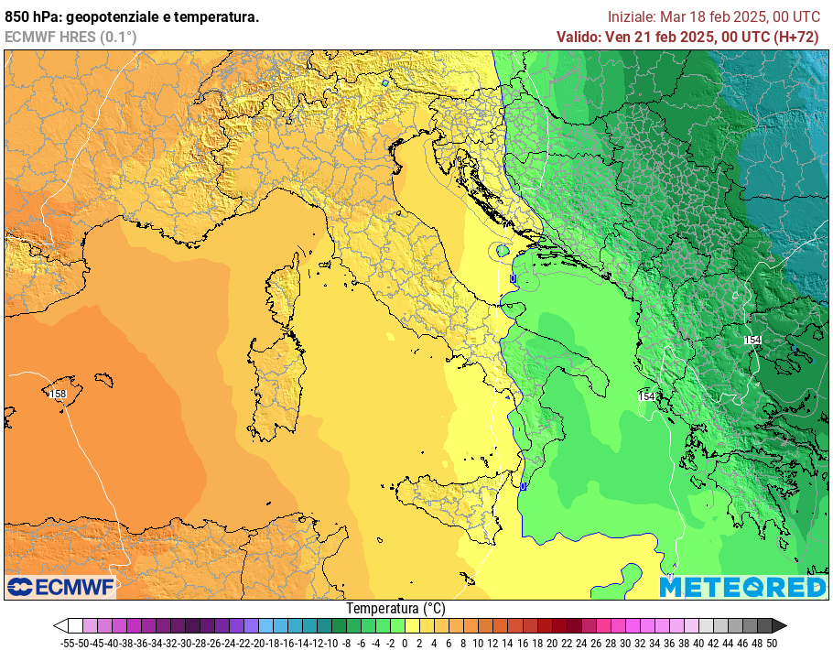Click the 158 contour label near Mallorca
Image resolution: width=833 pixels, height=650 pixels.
coord(58,394)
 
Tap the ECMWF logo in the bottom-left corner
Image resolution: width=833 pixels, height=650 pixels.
coord(60,586)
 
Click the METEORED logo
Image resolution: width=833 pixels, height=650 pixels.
coord(742,587)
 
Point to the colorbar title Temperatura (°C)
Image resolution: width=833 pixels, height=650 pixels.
coord(396,608)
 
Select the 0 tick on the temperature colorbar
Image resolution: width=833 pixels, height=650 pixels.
coord(405,643)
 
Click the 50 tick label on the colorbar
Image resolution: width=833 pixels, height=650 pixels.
coord(773,643)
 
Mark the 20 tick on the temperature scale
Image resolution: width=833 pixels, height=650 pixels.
coord(552,643)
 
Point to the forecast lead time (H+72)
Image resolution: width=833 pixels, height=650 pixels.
coord(797,37)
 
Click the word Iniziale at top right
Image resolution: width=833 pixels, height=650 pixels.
coord(632,16)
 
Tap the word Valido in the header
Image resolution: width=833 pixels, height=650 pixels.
coord(579,37)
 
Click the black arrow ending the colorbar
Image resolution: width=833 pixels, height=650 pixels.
coord(779,626)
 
